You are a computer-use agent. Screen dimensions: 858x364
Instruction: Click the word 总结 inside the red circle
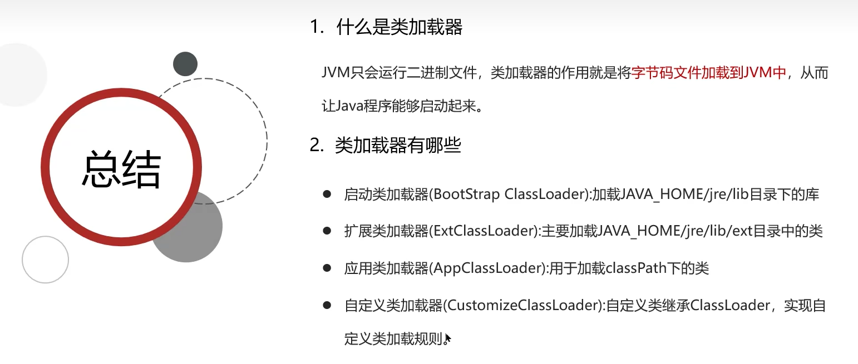(121, 169)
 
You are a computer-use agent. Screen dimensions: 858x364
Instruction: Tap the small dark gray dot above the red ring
(185, 64)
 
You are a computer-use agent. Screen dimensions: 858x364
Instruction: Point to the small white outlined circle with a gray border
(45, 260)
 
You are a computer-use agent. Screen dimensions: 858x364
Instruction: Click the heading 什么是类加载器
(399, 27)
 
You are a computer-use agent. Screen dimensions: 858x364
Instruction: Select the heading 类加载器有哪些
(398, 146)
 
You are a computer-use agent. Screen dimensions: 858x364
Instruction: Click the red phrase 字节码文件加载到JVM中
(708, 74)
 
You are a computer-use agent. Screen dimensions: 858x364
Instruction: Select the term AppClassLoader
(487, 268)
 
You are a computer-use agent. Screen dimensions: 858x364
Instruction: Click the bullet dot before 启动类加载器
(327, 194)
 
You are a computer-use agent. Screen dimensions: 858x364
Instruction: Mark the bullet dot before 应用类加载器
(327, 268)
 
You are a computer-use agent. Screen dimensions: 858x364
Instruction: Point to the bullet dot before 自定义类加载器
(327, 305)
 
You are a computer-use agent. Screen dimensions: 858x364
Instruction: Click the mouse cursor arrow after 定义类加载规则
(448, 338)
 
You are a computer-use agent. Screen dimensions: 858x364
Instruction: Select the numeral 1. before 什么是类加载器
(317, 27)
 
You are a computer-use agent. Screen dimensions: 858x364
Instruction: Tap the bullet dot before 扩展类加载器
(327, 231)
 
